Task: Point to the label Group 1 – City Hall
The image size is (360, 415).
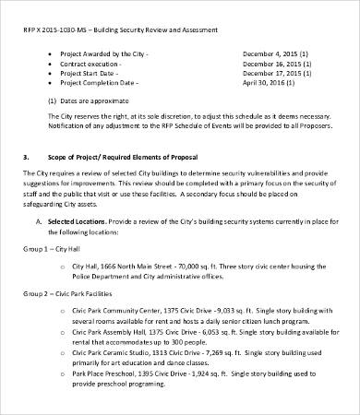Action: (x=50, y=249)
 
